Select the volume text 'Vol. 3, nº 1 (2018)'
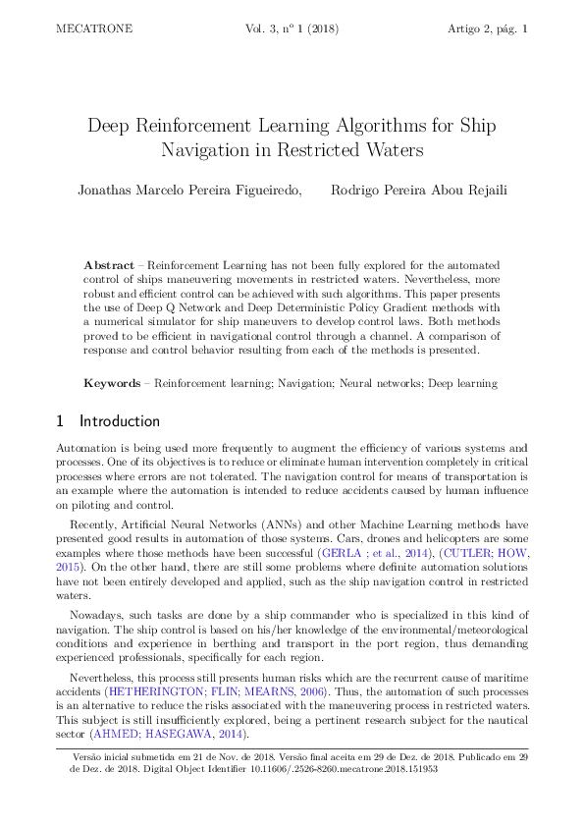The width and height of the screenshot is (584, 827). tap(294, 29)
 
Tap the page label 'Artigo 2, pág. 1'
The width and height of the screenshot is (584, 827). tap(488, 29)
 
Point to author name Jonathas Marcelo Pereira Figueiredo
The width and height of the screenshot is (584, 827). tap(190, 190)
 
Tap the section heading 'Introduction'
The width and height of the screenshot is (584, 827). tap(120, 421)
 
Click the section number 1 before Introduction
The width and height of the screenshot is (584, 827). tap(60, 421)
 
